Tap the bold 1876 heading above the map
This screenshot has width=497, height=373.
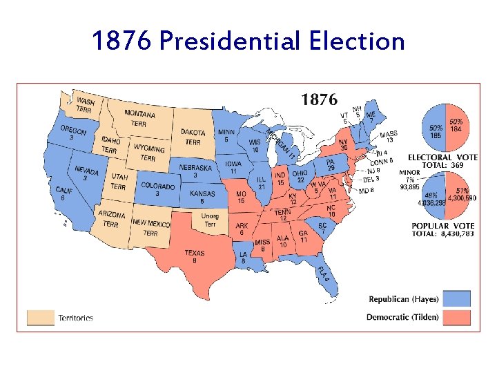(318, 100)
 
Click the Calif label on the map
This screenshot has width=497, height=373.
(64, 193)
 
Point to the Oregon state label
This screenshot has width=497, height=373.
(73, 133)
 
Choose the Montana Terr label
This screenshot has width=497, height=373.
(139, 118)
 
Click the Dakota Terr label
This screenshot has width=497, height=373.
(193, 137)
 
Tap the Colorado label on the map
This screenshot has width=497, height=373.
(157, 189)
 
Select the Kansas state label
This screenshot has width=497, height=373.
(202, 198)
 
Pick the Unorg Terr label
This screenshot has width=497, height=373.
(210, 220)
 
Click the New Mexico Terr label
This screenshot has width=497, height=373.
(151, 227)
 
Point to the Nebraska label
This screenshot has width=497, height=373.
(195, 171)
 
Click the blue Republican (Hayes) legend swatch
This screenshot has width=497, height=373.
(457, 298)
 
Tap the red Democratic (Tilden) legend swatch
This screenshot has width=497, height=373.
(457, 317)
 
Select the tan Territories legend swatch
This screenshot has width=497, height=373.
(39, 317)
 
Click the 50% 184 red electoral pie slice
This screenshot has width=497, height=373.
(457, 127)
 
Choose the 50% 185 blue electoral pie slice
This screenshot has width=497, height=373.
(434, 128)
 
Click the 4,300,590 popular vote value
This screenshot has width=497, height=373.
(460, 199)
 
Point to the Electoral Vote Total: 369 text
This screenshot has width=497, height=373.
(442, 162)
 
